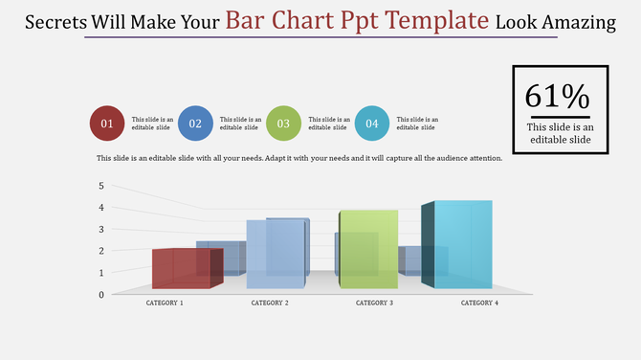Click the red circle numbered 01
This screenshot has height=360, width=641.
[x=107, y=123]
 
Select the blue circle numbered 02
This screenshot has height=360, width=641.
[x=195, y=123]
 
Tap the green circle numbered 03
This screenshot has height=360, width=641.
[x=284, y=123]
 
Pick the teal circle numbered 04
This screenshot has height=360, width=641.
[x=372, y=123]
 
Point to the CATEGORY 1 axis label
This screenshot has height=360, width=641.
[x=165, y=303]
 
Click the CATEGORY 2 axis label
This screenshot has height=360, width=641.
[x=270, y=303]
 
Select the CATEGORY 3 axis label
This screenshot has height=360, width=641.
[x=374, y=303]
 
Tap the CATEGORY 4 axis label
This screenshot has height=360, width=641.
[x=479, y=303]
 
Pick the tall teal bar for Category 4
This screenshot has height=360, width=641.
[x=463, y=244]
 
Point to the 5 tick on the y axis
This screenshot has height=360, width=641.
[x=101, y=186]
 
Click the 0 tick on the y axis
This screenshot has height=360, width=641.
[x=101, y=294]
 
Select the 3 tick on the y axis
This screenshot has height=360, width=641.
[x=101, y=229]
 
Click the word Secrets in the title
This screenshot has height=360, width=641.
[x=56, y=22]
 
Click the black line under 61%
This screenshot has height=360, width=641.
[x=560, y=117]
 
